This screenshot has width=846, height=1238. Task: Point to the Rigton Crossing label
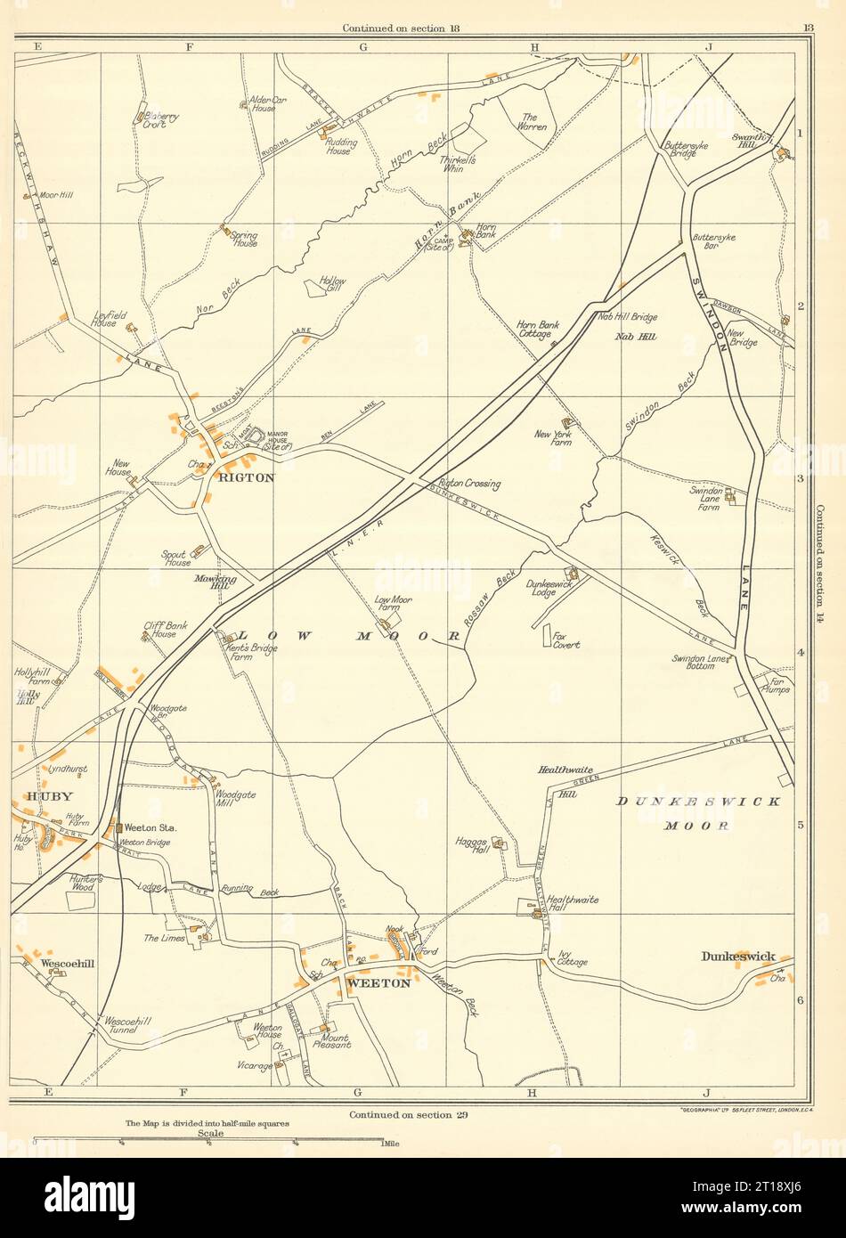pyautogui.click(x=470, y=484)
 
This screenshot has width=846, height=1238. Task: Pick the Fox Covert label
pyautogui.click(x=565, y=639)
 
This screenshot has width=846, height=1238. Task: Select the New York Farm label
pyautogui.click(x=553, y=438)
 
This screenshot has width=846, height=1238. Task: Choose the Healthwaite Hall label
pyautogui.click(x=573, y=904)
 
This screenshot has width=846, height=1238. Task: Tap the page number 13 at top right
pyautogui.click(x=807, y=29)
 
